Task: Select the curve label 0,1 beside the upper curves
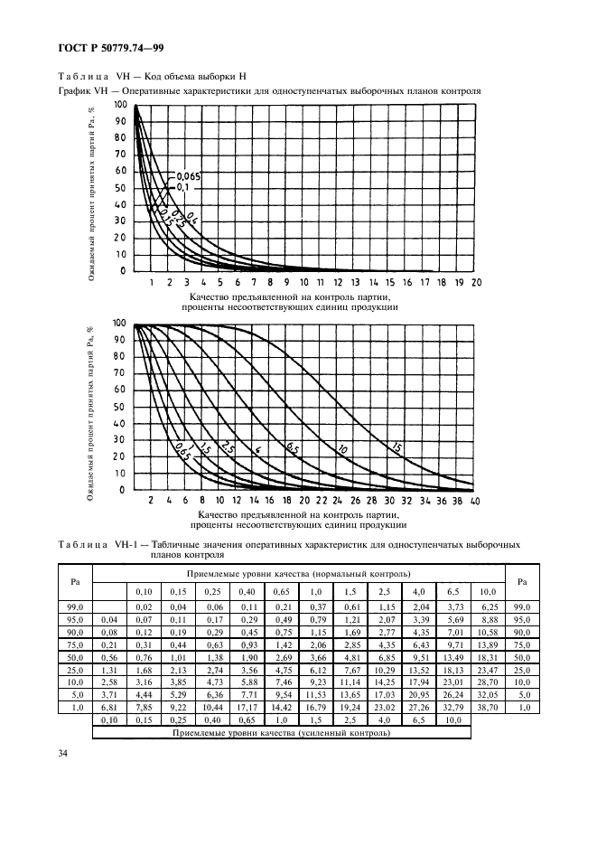click(182, 187)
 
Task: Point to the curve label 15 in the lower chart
click(395, 446)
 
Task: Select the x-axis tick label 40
click(475, 500)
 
